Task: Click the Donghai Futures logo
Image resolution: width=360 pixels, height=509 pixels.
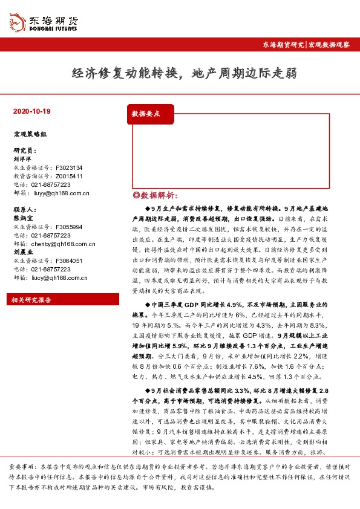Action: pyautogui.click(x=42, y=21)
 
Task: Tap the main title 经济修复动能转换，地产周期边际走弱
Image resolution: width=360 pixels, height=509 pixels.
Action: pyautogui.click(x=184, y=74)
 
